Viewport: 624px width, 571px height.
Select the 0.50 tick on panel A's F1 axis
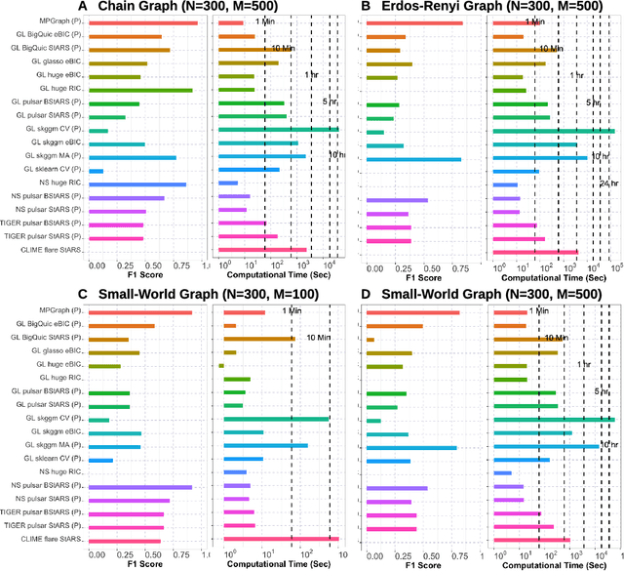tap(148, 265)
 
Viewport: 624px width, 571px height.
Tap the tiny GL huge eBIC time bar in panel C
tap(221, 366)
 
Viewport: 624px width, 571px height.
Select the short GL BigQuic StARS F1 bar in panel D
tap(370, 340)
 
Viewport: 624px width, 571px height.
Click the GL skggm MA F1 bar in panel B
tap(413, 158)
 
